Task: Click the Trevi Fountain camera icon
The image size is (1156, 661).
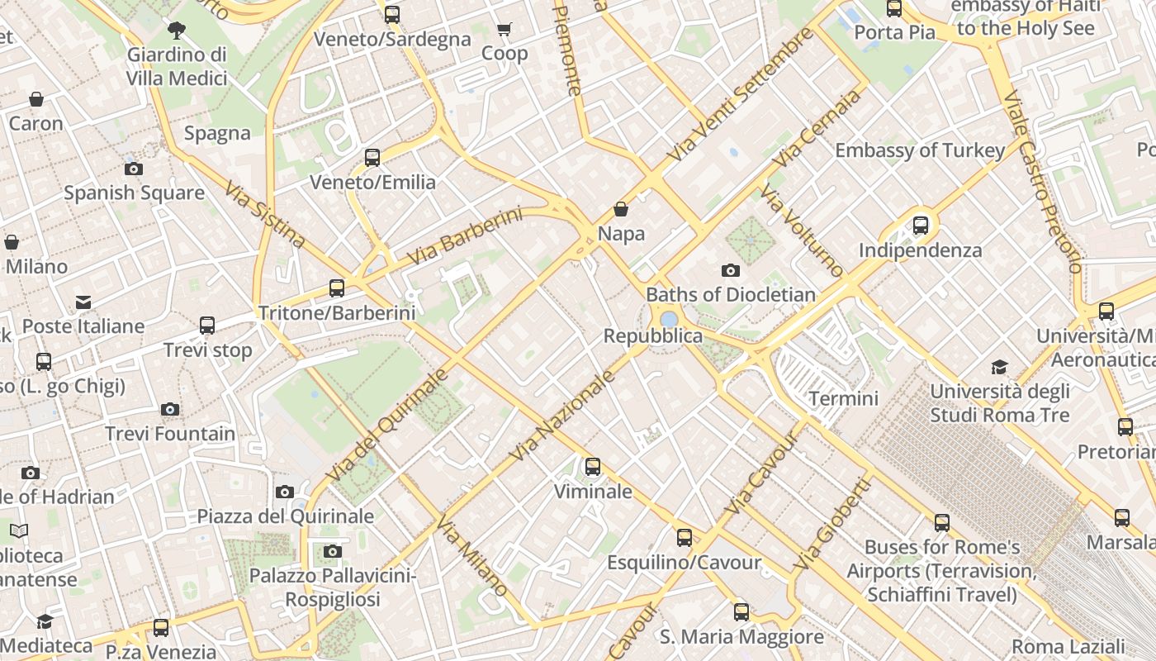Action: coord(170,410)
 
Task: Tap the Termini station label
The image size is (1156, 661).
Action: coord(843,398)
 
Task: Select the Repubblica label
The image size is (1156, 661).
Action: coord(653,335)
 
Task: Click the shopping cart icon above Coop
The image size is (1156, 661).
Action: coord(505,30)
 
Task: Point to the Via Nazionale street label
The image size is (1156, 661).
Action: coord(564,416)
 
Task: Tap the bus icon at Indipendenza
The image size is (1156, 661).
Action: coord(921,225)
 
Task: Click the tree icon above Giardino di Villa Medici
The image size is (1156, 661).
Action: coord(176,31)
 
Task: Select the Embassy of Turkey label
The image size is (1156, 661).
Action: coord(920,150)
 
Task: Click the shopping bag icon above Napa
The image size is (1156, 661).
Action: coord(621,210)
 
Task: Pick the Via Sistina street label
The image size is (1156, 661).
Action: coord(264,214)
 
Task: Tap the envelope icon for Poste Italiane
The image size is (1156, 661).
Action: coord(83,302)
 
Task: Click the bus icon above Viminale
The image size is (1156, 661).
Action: coord(593,467)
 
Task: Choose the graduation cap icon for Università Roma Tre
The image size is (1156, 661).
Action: coord(1000,367)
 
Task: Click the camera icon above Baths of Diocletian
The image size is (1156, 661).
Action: coord(730,270)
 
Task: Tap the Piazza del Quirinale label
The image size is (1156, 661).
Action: coord(285,516)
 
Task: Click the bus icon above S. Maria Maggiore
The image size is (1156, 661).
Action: coord(741,612)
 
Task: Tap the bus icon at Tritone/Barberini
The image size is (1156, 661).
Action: coord(337,288)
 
